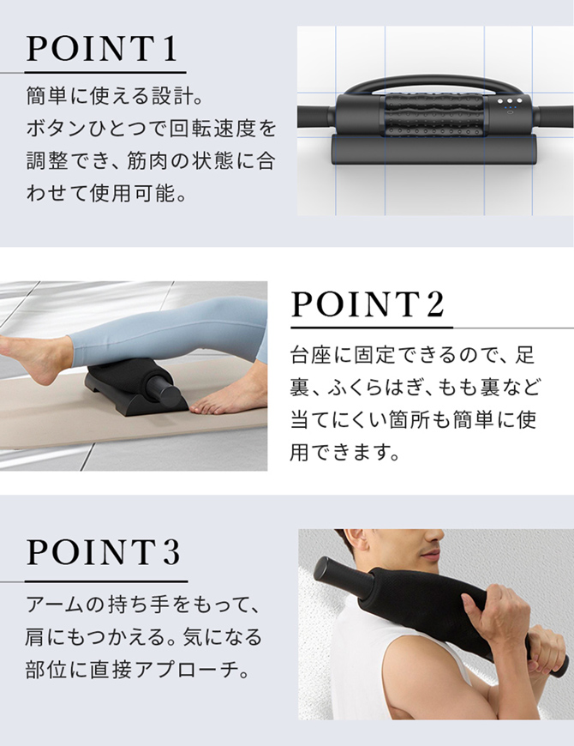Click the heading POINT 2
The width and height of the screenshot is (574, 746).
click(x=368, y=304)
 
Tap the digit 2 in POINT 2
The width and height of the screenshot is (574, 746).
click(x=434, y=304)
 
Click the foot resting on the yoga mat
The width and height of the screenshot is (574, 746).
click(x=225, y=400)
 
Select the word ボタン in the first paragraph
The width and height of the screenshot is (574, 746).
click(x=55, y=129)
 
